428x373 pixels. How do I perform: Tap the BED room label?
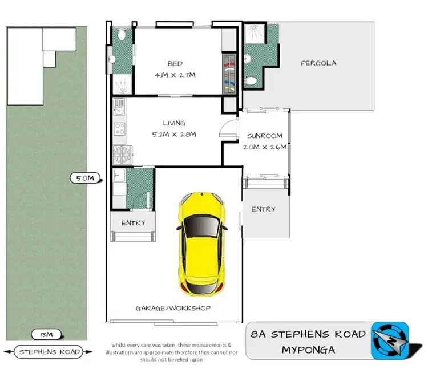(x=175, y=63)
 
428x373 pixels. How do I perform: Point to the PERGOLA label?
(x=318, y=63)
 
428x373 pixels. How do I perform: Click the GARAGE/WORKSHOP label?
(x=173, y=308)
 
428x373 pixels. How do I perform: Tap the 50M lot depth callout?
(x=84, y=178)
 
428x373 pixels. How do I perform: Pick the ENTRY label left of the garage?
(x=133, y=223)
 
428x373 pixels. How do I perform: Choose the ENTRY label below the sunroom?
(x=263, y=209)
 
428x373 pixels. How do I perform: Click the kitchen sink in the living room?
(x=119, y=107)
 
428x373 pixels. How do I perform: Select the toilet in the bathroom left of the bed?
(x=121, y=35)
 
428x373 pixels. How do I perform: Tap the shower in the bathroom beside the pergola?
(x=253, y=33)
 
